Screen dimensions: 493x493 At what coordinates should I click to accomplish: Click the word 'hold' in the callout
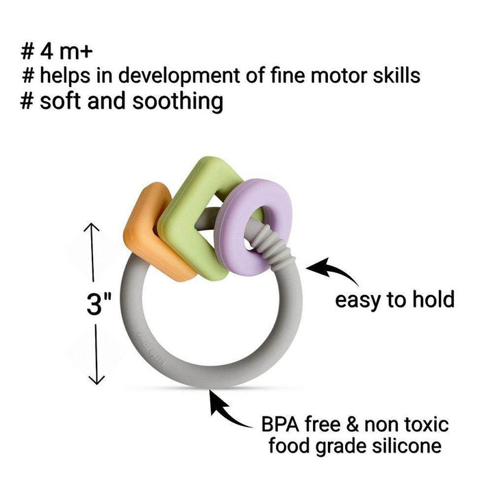pos(432,300)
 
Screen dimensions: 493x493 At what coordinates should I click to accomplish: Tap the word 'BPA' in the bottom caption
pos(281,425)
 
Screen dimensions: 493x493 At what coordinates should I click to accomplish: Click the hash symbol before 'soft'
pos(27,101)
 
